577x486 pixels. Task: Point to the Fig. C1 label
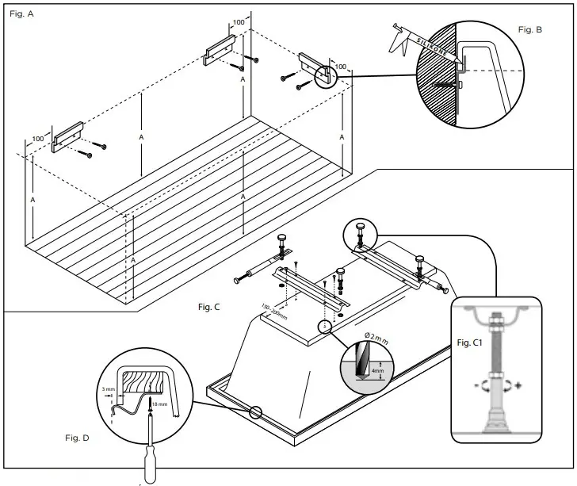476,341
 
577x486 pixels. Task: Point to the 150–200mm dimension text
274,311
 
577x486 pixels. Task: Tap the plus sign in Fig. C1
519,386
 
